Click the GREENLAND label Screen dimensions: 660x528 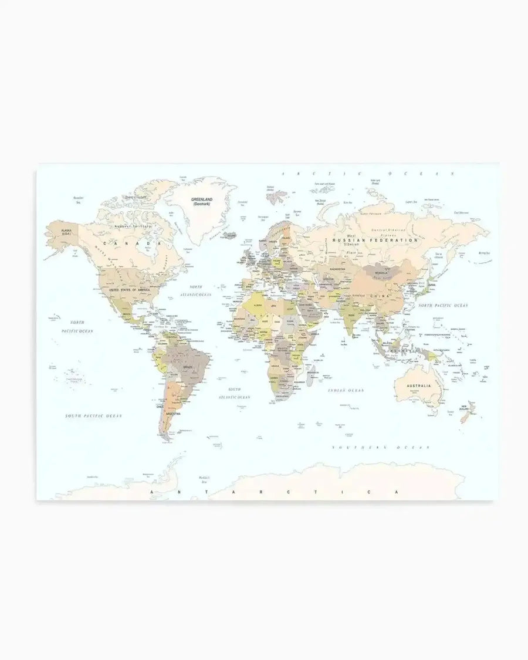coord(201,200)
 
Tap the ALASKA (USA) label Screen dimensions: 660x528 coord(66,232)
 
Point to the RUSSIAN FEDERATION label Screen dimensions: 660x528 coord(375,241)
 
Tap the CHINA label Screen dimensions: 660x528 coord(380,297)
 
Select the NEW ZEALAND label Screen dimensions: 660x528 coord(467,408)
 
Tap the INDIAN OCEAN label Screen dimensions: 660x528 coord(346,391)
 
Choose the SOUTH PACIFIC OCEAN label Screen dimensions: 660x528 coord(93,415)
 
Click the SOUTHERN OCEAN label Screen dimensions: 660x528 coord(381,448)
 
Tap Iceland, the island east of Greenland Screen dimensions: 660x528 coord(229,236)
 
